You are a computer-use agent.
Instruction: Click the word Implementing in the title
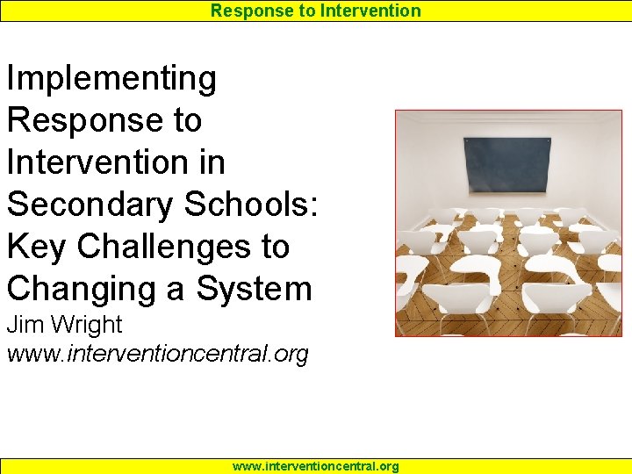coord(111,79)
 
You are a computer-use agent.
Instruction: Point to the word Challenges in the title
coord(163,247)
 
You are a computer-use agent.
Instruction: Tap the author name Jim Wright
coord(64,325)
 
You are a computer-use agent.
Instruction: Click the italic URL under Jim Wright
coord(158,355)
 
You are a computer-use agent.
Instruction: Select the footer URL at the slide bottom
coord(316,466)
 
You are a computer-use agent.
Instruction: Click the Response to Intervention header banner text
coord(316,11)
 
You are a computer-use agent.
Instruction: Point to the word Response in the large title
coord(80,120)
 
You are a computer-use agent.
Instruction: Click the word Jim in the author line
coord(23,325)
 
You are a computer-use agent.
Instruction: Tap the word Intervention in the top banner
coord(370,11)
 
